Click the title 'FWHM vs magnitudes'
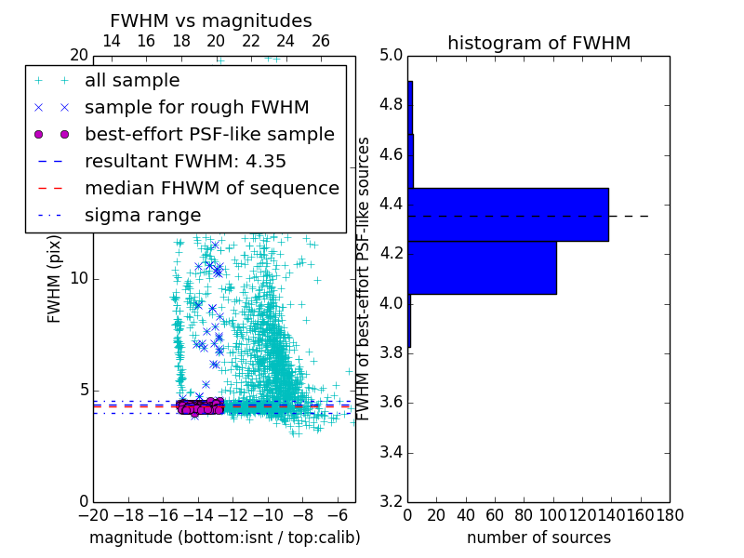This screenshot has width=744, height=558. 210,21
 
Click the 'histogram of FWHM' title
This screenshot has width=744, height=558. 538,43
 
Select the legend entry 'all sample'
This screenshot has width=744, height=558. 132,81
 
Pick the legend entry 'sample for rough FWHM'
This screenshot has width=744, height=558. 196,107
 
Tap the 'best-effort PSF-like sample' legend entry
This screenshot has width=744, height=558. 209,134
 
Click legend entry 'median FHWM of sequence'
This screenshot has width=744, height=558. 211,188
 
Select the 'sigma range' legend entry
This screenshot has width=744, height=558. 142,215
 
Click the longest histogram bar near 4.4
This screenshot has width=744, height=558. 508,214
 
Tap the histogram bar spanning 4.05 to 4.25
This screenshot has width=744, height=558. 482,268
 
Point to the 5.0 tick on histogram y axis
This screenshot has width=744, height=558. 392,55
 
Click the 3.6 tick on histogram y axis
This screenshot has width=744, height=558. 392,403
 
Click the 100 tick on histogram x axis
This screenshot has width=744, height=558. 552,514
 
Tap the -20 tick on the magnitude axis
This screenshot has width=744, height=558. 92,514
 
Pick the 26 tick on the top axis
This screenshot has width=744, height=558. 321,41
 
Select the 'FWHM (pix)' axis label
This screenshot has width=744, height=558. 55,278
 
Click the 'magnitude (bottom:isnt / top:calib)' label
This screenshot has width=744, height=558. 224,538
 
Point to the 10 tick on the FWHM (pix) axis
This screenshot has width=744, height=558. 78,279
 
